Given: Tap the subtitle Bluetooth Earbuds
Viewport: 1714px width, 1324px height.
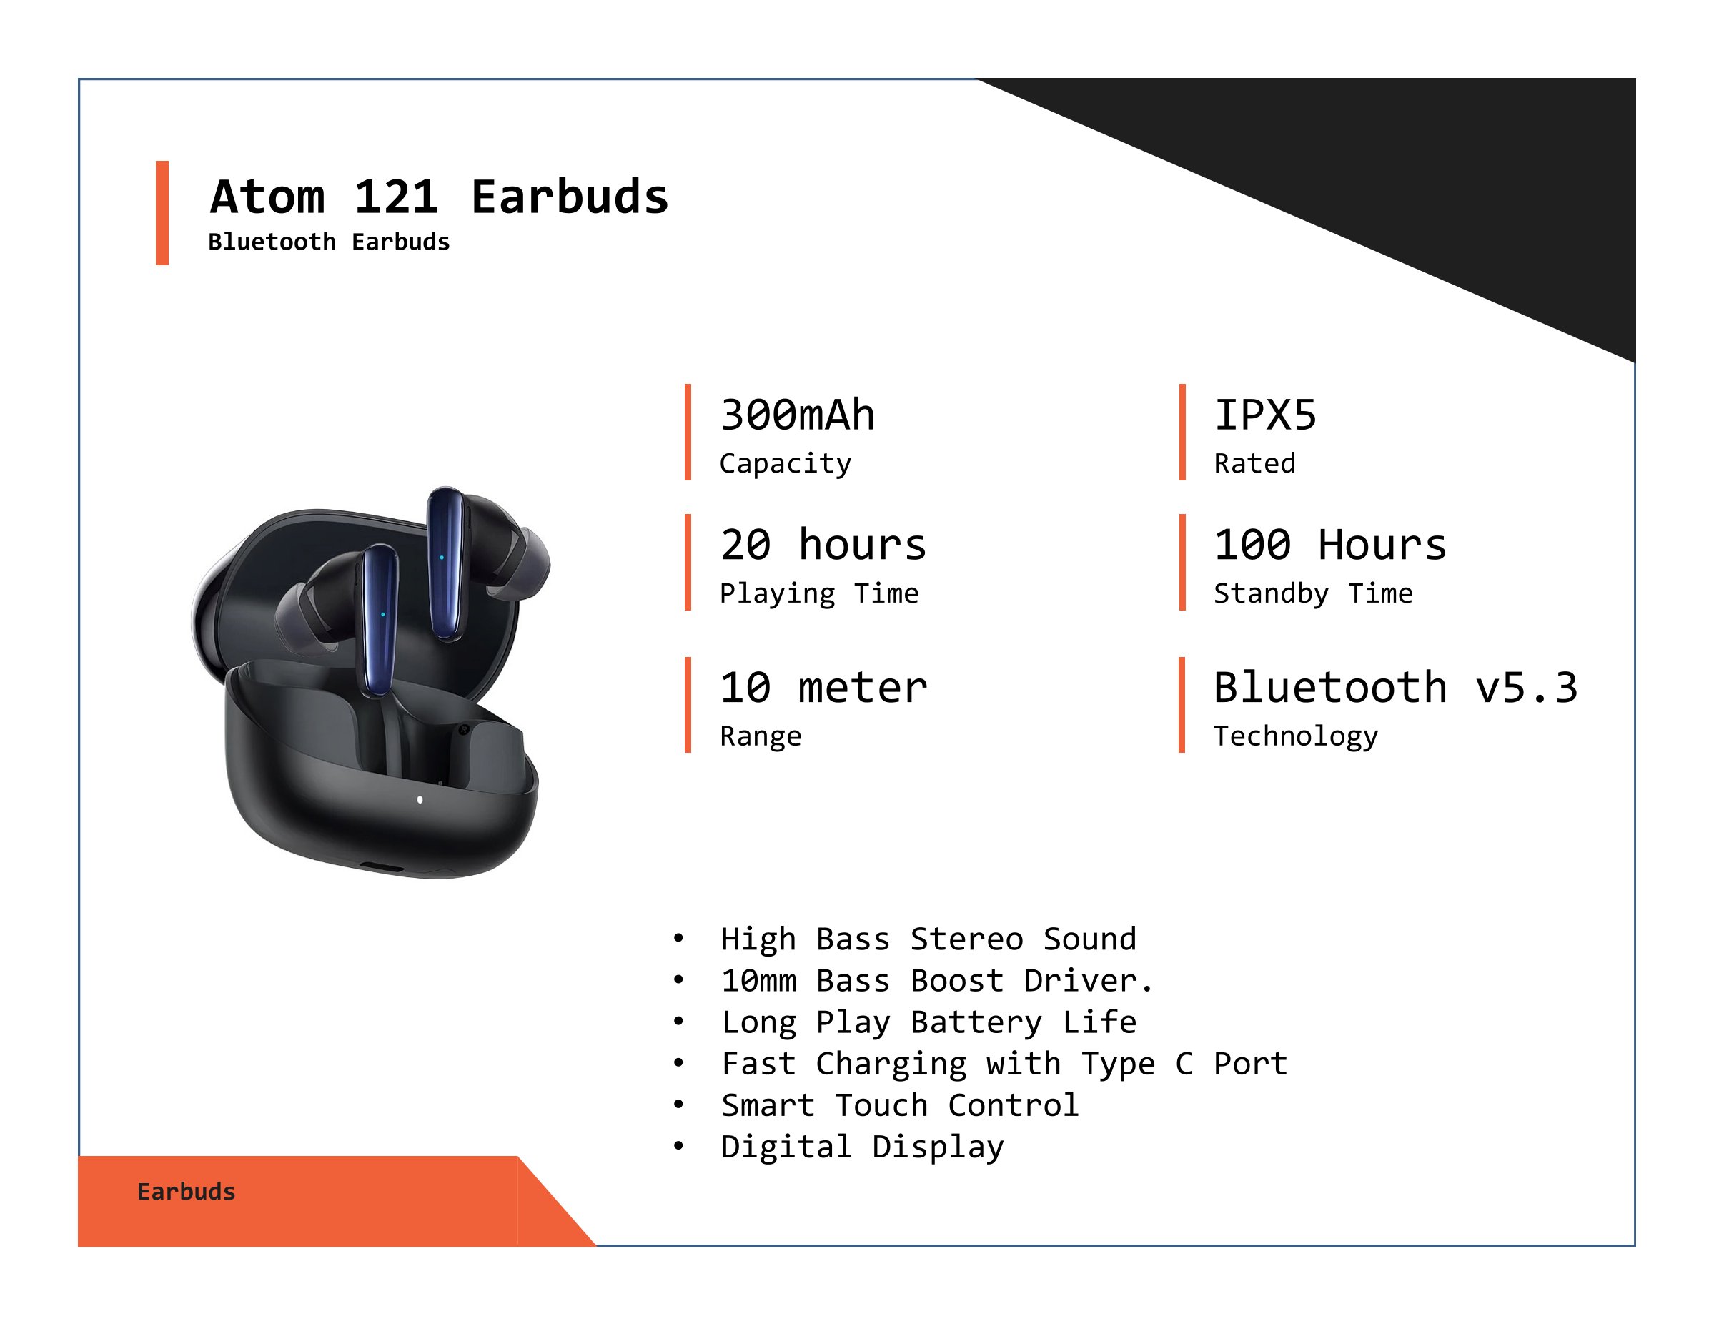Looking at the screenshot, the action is pos(329,242).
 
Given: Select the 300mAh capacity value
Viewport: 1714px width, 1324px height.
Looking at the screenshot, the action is pos(798,415).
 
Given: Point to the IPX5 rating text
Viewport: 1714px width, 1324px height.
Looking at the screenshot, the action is pos(1265,415).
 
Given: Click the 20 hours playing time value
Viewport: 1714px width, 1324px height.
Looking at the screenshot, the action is pos(823,545).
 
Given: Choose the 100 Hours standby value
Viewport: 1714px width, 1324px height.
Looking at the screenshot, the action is pos(1330,545).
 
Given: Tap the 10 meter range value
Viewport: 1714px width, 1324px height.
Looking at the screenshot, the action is pos(824,688).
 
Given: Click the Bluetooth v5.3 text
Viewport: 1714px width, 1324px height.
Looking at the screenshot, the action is pos(1395,688).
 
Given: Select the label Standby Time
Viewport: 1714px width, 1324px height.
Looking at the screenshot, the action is pos(1313,593).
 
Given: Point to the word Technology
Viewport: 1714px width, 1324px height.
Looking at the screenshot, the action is pos(1296,736).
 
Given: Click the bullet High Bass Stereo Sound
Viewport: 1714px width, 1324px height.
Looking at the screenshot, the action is pos(928,939).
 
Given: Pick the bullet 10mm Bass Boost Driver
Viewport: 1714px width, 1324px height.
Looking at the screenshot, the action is pos(937,980).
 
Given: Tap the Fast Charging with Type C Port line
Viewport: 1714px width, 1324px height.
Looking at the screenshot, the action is pos(1004,1064).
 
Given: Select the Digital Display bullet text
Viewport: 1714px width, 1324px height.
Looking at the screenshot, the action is pos(863,1147).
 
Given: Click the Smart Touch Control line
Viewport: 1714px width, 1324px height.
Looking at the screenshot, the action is pos(900,1105).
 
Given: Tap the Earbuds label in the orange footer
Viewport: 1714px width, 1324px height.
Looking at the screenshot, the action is pos(186,1191).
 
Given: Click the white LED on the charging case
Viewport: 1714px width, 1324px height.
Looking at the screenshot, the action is pos(420,800).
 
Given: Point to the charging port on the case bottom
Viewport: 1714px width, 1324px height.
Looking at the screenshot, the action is pos(382,868).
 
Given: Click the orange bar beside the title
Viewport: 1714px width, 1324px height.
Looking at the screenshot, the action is pos(162,213).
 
